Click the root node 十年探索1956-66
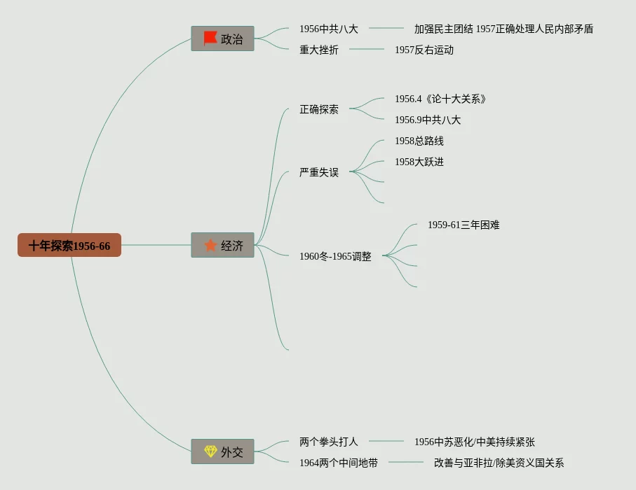point(69,246)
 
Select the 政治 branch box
point(222,38)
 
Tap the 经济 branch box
point(222,245)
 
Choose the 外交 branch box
point(222,452)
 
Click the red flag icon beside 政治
point(210,38)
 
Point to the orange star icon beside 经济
point(210,245)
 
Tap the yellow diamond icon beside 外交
point(210,451)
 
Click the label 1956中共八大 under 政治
point(328,29)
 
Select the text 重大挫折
point(318,50)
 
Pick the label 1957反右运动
point(424,50)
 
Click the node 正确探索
point(318,109)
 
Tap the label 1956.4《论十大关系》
point(440,99)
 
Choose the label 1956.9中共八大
point(427,120)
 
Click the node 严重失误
point(318,172)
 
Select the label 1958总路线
point(419,141)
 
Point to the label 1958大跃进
point(419,162)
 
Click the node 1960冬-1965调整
point(335,256)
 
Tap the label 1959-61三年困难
point(464,225)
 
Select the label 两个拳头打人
point(328,442)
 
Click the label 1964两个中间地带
point(338,463)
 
